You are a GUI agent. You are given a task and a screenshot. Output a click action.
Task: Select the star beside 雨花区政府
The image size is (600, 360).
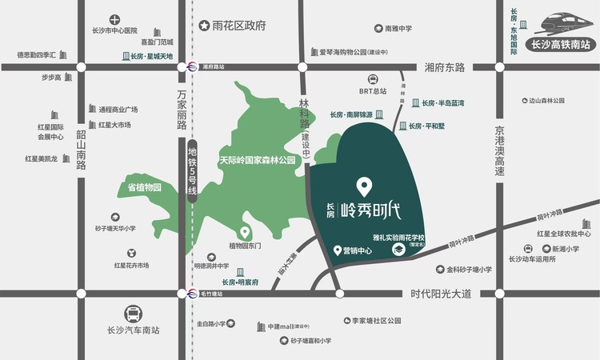tap(205, 26)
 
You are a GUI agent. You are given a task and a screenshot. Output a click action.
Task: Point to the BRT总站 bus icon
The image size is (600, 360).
tap(373, 78)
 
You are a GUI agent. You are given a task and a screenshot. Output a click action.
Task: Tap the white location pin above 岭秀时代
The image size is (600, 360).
tap(364, 187)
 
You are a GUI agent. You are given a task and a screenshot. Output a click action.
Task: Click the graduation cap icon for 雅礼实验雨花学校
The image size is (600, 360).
tap(398, 250)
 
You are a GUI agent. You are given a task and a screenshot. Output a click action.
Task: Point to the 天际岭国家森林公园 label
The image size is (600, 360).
tap(258, 160)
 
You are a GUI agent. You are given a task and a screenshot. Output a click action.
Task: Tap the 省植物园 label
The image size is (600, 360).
tap(145, 187)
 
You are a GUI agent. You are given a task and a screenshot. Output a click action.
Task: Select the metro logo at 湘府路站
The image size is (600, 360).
tap(192, 67)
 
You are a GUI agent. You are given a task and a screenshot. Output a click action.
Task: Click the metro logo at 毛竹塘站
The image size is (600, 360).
tap(192, 294)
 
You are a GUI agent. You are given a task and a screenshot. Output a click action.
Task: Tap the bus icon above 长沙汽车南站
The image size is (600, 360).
tap(134, 313)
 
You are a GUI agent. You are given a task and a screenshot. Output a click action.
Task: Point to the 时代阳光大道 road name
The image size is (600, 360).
tap(439, 294)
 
